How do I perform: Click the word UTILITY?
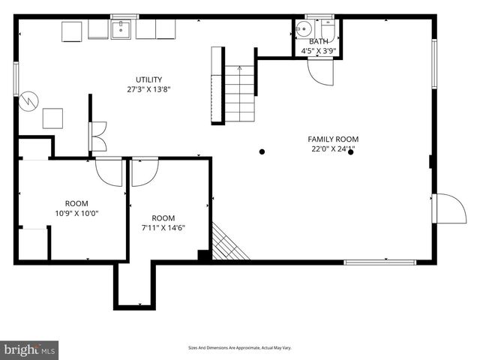point(148,79)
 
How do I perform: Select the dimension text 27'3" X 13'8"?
point(148,89)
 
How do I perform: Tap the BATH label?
point(319,42)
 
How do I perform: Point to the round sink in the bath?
point(303,30)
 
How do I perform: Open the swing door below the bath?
point(321,72)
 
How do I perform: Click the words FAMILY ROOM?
point(333,139)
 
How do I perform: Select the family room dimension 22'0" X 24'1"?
point(333,148)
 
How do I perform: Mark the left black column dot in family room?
point(262,151)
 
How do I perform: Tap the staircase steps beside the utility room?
point(240,94)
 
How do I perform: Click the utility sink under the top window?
point(121,29)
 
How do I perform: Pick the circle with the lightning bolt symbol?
point(28,100)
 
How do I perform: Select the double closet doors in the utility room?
point(97,136)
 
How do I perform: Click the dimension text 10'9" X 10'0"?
point(76,213)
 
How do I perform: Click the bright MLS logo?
point(30,349)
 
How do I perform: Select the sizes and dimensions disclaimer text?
point(239,348)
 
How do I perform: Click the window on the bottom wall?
point(379,262)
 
